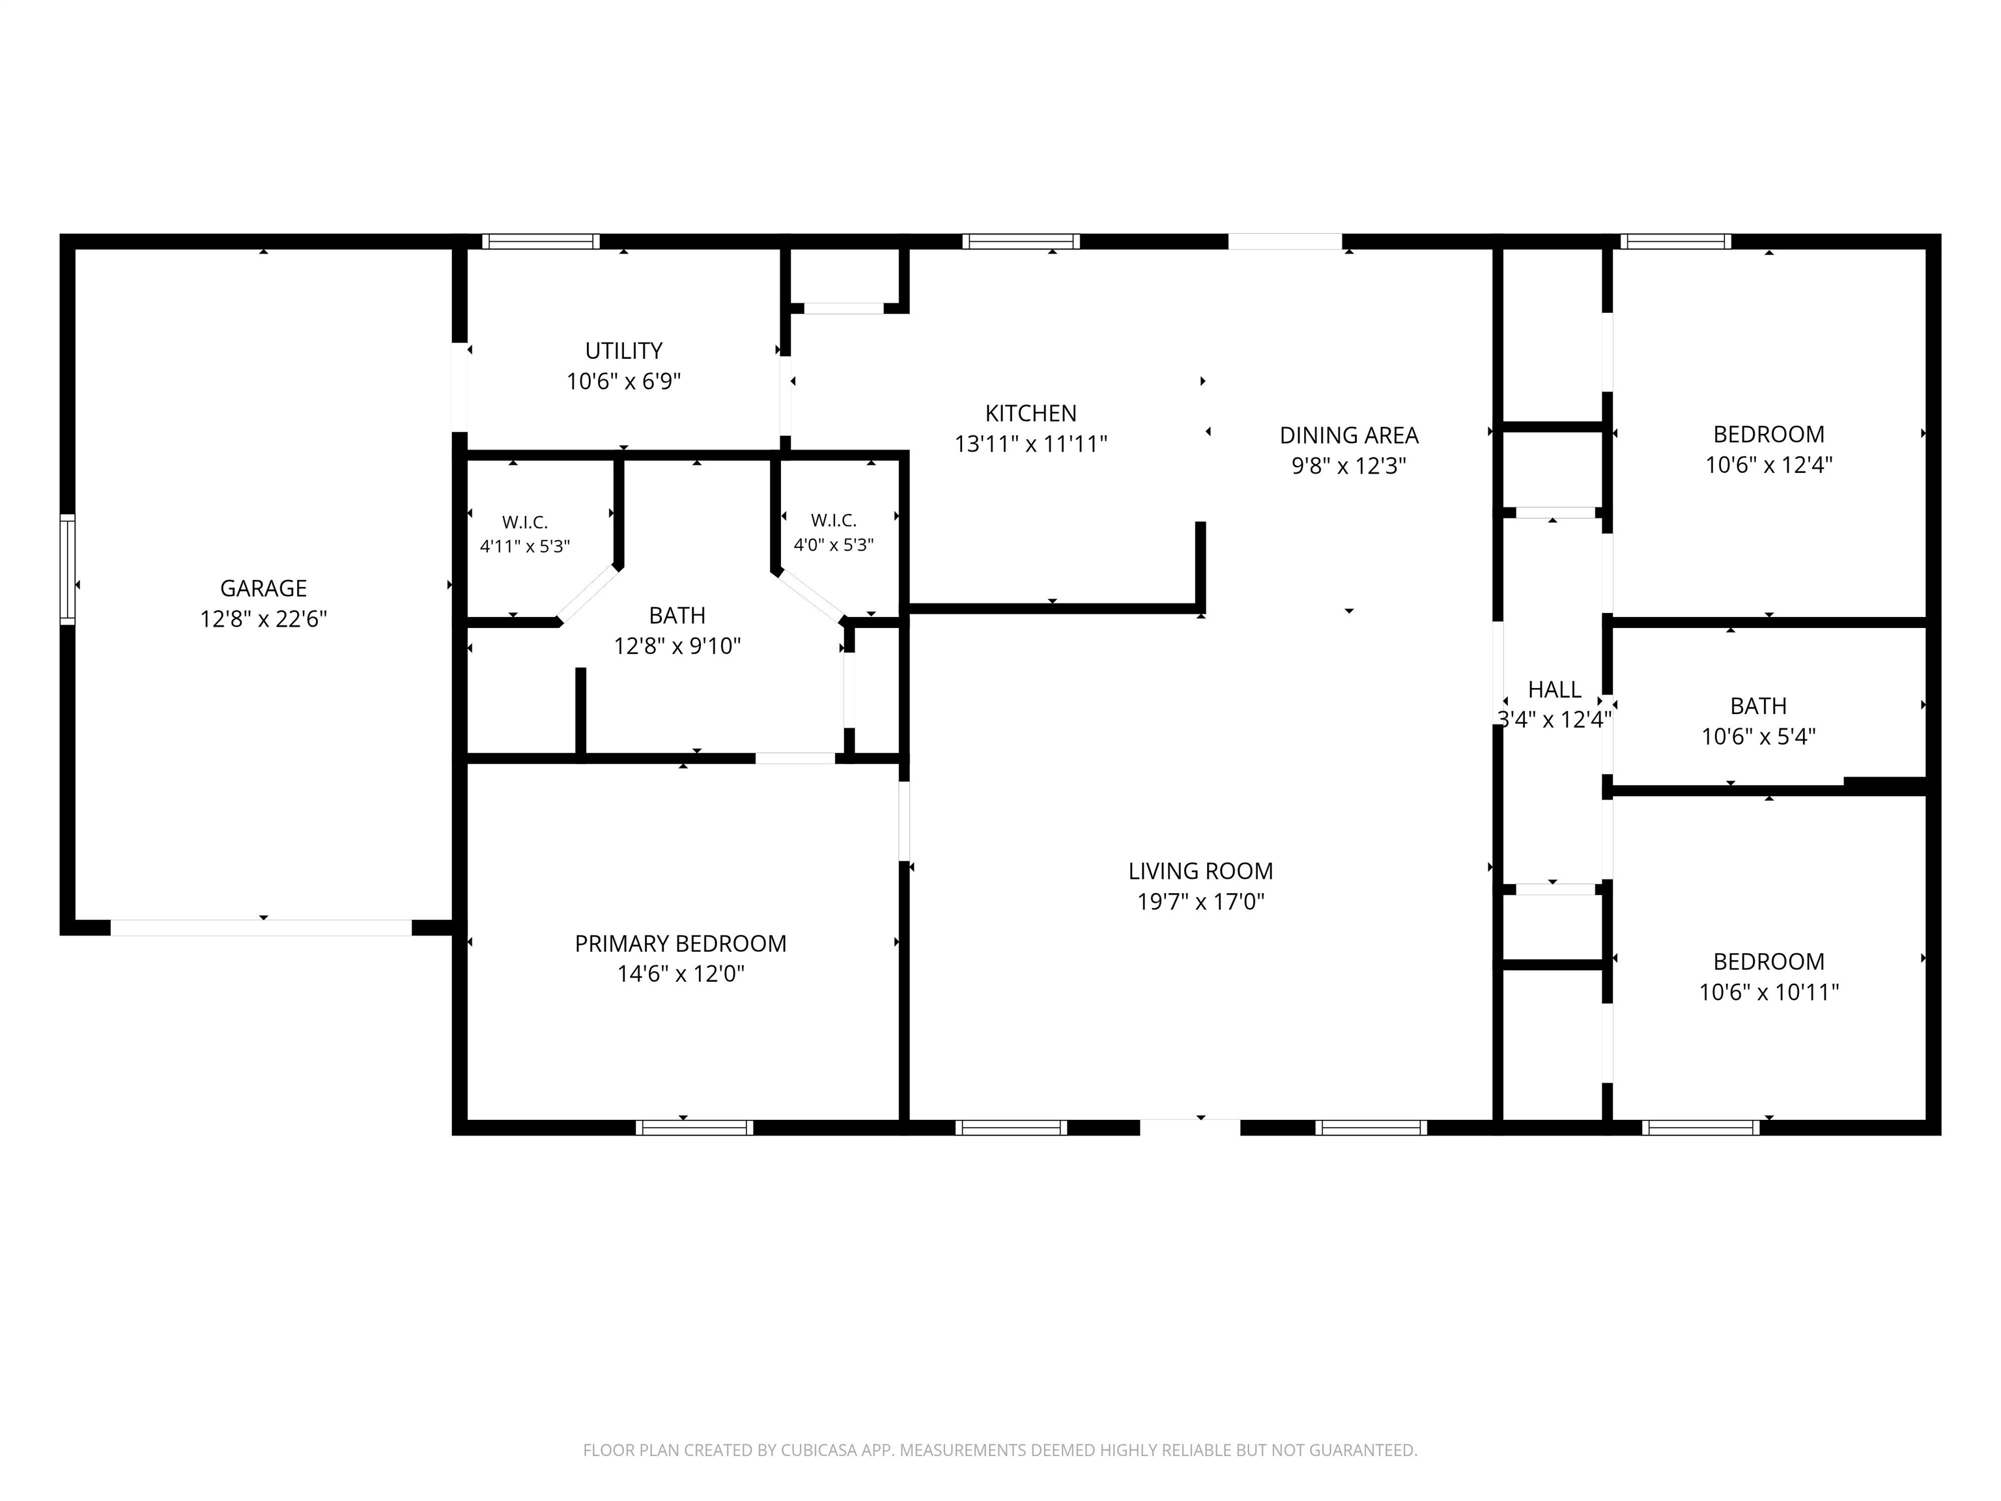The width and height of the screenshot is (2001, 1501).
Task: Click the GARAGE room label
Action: point(263,588)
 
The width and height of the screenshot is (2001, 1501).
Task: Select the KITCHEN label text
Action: point(1030,414)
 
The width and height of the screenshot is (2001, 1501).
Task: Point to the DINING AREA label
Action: point(1349,435)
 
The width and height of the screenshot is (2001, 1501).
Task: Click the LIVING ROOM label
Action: point(1200,870)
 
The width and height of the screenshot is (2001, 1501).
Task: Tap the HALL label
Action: point(1554,689)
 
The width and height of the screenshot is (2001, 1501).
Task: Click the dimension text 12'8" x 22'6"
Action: point(263,619)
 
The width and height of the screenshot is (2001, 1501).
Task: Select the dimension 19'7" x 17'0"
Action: point(1200,901)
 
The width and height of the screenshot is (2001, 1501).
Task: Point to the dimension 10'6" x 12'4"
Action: point(1768,464)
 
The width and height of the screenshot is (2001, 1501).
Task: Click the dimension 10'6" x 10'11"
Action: point(1768,992)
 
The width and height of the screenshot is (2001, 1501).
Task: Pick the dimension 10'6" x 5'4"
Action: point(1757,736)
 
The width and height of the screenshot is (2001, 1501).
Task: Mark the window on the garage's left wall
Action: point(67,569)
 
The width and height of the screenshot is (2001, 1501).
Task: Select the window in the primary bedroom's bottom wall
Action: point(694,1127)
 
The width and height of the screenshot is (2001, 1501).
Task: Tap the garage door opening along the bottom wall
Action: point(261,928)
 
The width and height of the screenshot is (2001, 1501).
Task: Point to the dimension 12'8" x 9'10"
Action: point(677,646)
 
